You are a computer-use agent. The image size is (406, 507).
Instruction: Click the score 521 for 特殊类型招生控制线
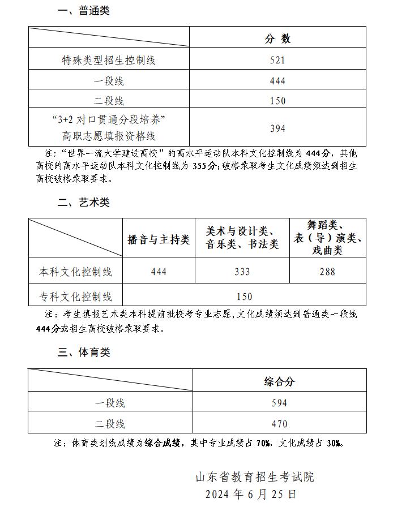[277, 60]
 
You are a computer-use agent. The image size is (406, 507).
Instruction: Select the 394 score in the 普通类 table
[277, 128]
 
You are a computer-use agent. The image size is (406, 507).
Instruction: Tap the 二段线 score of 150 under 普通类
[277, 101]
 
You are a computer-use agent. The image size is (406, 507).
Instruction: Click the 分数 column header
[277, 38]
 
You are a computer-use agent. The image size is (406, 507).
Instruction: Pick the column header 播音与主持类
[159, 240]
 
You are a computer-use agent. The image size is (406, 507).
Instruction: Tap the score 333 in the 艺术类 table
[242, 272]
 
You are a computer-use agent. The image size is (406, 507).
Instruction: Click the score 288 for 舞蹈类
[327, 272]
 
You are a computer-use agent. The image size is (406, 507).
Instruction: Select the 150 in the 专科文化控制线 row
[244, 297]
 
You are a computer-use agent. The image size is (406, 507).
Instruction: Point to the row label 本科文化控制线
[75, 272]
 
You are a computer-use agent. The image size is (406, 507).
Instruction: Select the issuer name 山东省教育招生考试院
[254, 477]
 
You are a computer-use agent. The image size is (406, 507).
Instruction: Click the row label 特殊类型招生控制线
[109, 60]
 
